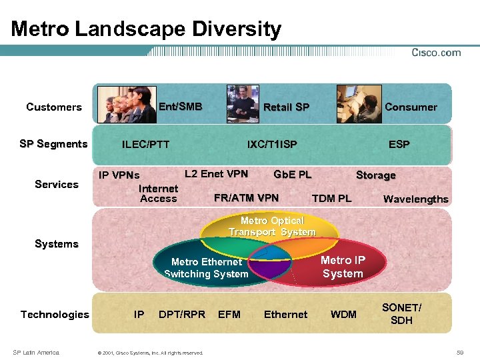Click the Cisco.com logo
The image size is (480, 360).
click(435, 53)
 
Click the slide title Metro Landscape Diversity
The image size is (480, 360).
click(146, 29)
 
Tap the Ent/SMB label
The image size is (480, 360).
click(180, 106)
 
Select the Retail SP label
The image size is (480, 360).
click(286, 107)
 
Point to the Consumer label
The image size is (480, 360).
click(411, 107)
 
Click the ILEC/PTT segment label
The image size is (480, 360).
click(145, 145)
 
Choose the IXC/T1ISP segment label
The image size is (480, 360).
click(272, 145)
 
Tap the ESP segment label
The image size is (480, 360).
click(399, 145)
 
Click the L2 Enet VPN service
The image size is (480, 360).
click(216, 174)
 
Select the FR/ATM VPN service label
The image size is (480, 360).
click(246, 197)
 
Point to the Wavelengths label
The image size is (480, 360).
click(415, 199)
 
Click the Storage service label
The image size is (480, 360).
click(375, 175)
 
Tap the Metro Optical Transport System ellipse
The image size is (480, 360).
click(272, 227)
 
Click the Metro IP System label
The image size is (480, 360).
click(343, 267)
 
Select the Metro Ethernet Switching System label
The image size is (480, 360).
click(206, 268)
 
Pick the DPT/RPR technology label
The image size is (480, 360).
click(182, 315)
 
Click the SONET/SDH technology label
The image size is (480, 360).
click(401, 314)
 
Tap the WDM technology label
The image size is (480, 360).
click(343, 315)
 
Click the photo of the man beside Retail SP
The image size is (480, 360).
click(243, 104)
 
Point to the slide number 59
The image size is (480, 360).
click(460, 352)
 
